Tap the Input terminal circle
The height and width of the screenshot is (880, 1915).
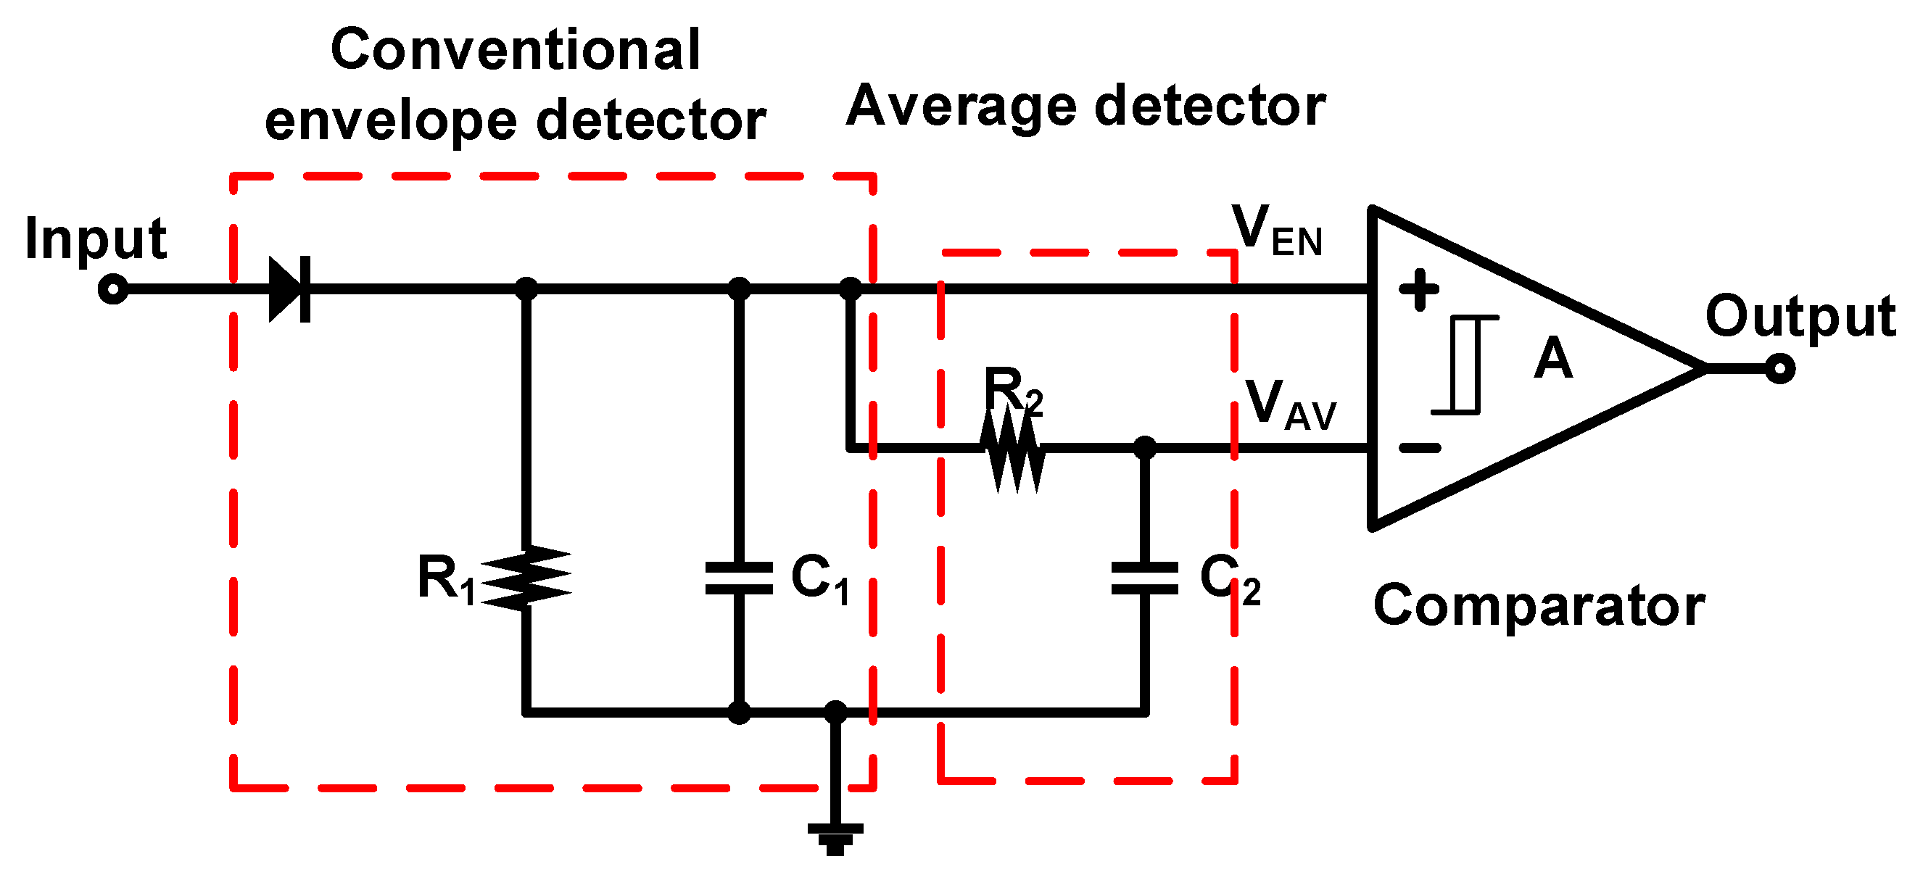click(x=113, y=289)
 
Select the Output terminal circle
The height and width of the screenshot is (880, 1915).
click(x=1779, y=368)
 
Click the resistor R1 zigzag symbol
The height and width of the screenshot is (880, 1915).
click(x=526, y=579)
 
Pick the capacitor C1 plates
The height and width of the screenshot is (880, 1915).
click(x=738, y=579)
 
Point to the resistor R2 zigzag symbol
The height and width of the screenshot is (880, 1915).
click(x=1012, y=448)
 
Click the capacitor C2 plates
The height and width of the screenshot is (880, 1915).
click(x=1144, y=579)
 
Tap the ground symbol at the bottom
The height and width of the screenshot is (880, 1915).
click(x=835, y=839)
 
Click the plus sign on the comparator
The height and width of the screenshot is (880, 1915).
click(x=1418, y=290)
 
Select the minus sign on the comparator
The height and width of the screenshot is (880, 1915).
click(x=1419, y=448)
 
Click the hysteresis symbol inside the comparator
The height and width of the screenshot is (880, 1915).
click(x=1465, y=364)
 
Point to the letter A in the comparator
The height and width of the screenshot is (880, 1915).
click(x=1553, y=358)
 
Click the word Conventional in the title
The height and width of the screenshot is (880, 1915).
click(x=515, y=51)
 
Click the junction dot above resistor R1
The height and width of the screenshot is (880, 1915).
click(x=526, y=289)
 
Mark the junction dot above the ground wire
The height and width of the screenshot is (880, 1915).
click(x=835, y=712)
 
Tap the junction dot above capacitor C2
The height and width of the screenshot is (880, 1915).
click(x=1144, y=448)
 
